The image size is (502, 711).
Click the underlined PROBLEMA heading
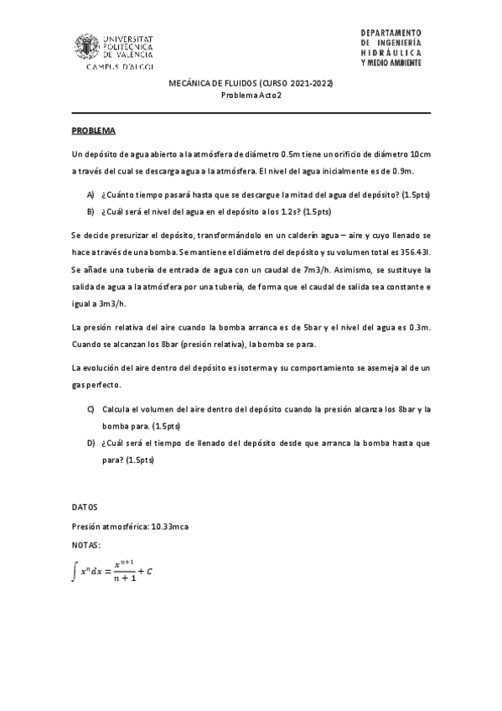[93, 132]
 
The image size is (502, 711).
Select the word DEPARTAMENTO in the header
[391, 31]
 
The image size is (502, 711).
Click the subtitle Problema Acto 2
[251, 96]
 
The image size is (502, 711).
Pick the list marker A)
[91, 194]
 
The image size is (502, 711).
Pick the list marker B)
[91, 211]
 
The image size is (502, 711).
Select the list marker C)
[91, 409]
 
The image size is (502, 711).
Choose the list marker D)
[91, 443]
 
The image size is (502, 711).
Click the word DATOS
[85, 507]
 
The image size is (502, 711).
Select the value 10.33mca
[168, 526]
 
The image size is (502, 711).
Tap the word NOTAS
[86, 543]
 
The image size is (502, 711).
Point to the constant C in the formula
[148, 572]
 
